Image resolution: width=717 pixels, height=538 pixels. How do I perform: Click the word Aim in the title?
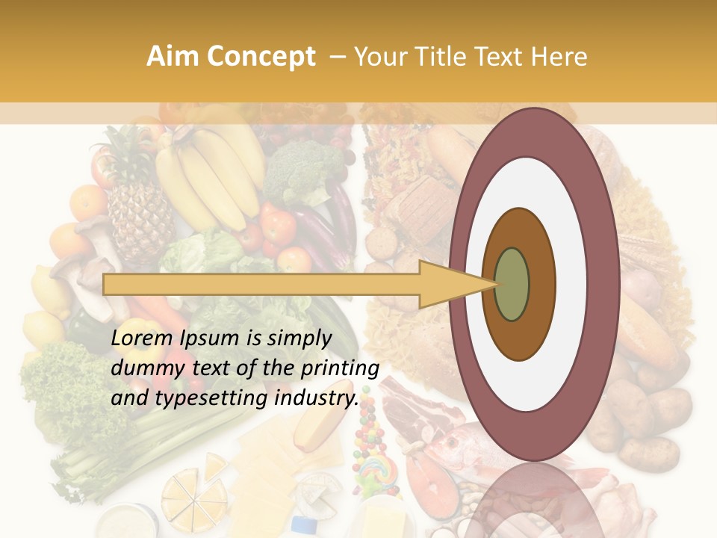pos(173,57)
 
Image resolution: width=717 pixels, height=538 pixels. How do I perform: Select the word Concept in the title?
pos(261,57)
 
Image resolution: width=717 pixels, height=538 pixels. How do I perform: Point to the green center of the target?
pos(512,284)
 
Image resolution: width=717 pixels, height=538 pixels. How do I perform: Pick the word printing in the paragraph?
pos(341,368)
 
